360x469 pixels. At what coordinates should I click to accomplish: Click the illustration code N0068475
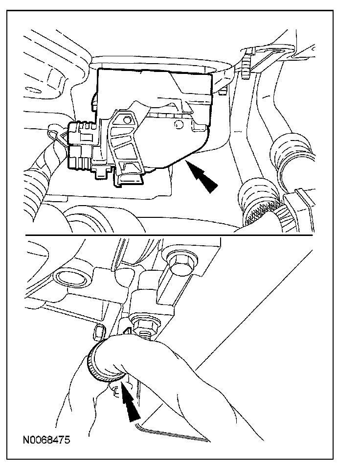[46, 440]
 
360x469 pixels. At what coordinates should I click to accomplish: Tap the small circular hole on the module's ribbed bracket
[128, 120]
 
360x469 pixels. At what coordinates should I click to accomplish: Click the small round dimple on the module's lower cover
[179, 124]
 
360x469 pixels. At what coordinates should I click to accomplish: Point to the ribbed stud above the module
[246, 64]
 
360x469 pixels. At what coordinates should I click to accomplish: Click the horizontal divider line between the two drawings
[169, 235]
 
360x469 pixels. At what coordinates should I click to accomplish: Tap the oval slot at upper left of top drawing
[33, 90]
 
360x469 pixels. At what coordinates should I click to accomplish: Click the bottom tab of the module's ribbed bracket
[130, 180]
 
